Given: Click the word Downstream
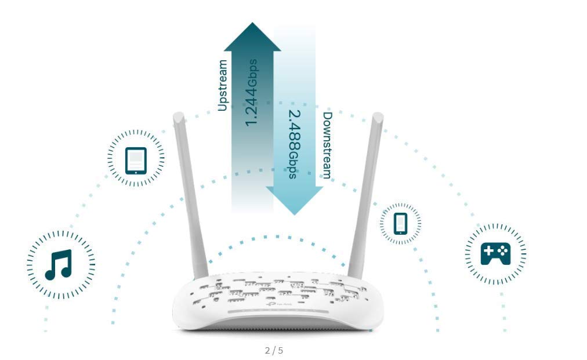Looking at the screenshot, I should point(328,145).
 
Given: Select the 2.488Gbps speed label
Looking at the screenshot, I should point(295,144).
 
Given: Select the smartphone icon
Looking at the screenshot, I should point(401,223).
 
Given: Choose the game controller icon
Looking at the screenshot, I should point(495,253).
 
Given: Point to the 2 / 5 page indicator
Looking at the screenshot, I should point(274,351).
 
